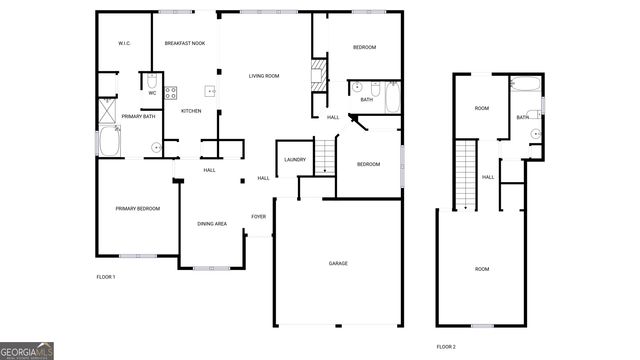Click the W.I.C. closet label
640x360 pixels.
click(x=125, y=43)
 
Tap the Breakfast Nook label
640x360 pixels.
click(x=184, y=43)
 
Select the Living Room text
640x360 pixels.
click(x=264, y=76)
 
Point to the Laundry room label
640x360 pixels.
click(x=294, y=159)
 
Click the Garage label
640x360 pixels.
click(x=338, y=263)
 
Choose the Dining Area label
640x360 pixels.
click(x=212, y=223)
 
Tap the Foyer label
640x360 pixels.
click(x=258, y=216)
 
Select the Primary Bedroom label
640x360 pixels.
click(x=138, y=208)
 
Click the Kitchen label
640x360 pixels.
click(x=191, y=110)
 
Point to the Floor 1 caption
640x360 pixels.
click(x=106, y=276)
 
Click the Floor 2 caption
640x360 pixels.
click(x=446, y=346)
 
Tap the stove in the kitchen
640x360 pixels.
click(x=171, y=95)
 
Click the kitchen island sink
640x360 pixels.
click(x=210, y=88)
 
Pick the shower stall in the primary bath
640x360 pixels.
click(x=108, y=111)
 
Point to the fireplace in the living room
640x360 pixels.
click(x=320, y=76)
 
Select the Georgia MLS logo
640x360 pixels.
click(x=27, y=351)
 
